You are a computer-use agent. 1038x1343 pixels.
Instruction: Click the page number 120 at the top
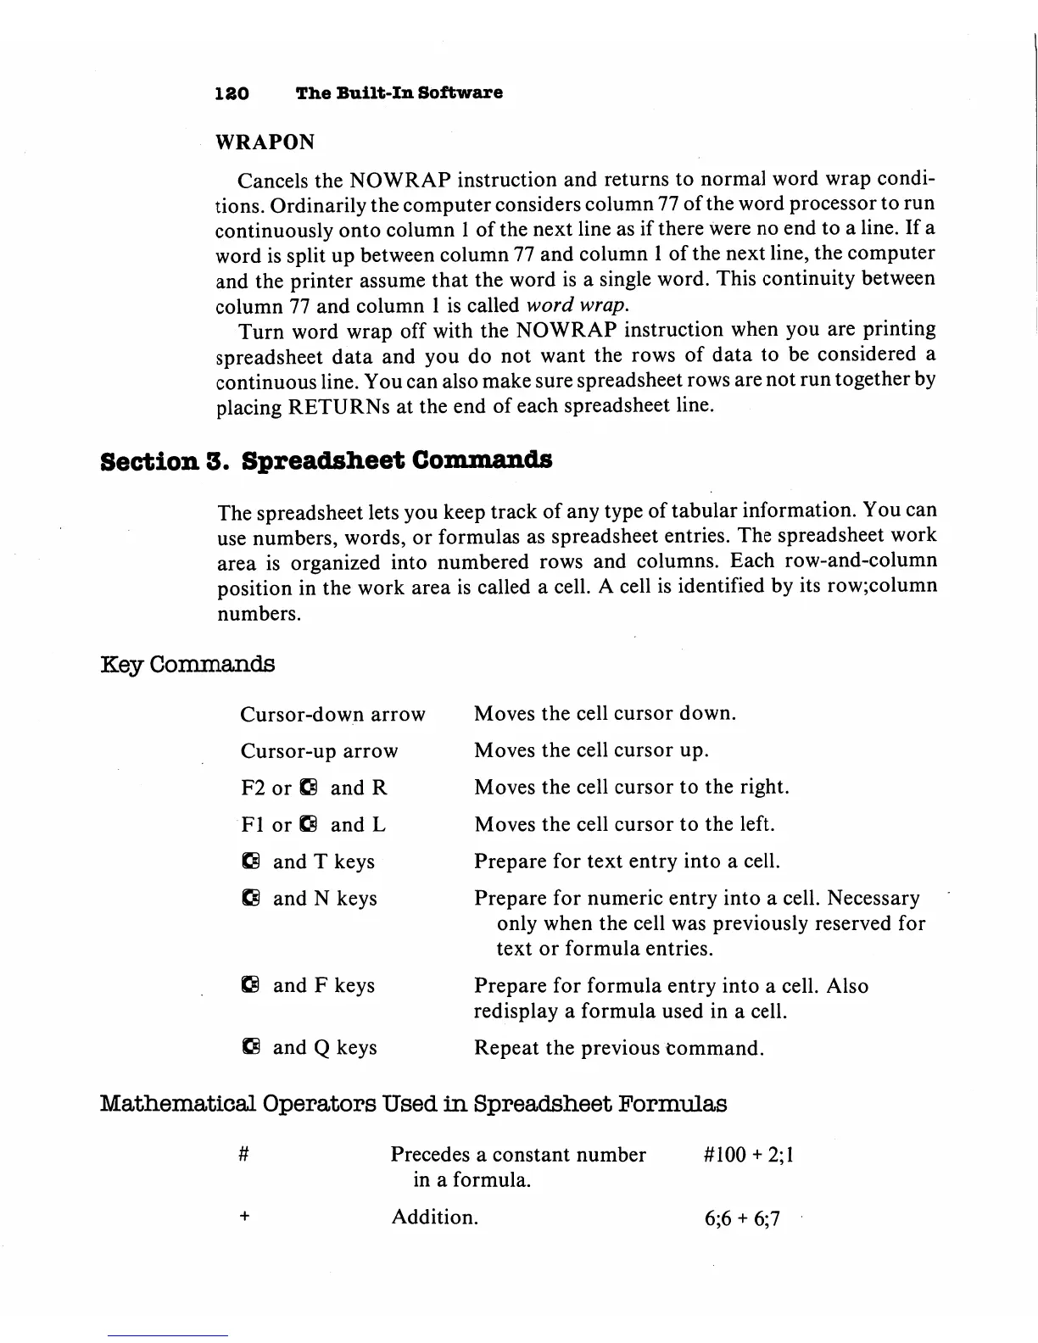(232, 93)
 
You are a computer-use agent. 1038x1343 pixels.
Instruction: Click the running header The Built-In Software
(399, 93)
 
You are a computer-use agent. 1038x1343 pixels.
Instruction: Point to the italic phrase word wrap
(576, 305)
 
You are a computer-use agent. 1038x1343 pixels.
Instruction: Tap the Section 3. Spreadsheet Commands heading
(326, 460)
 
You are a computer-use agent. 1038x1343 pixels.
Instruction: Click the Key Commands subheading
(187, 664)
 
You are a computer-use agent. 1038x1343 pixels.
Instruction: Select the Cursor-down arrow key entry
(332, 715)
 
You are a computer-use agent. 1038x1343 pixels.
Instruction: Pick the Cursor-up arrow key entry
(319, 751)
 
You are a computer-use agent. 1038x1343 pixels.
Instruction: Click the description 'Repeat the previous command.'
(619, 1049)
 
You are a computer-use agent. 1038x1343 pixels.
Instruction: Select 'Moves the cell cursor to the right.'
(632, 788)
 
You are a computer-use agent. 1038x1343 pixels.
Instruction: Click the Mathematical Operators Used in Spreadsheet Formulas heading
(414, 1105)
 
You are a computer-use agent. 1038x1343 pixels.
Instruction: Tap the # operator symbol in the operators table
(243, 1155)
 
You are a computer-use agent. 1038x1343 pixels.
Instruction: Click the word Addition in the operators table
(434, 1218)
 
